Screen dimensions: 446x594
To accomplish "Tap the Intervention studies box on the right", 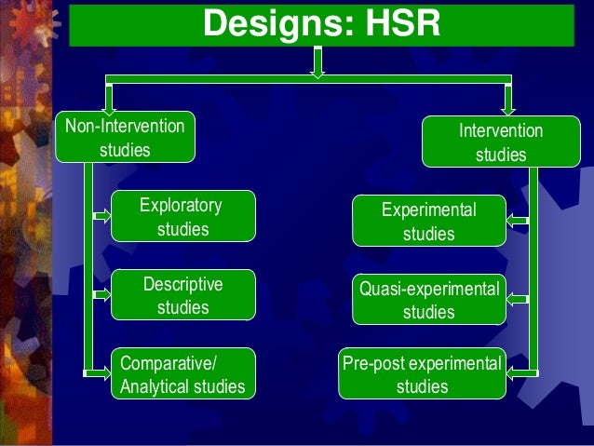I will tap(500, 142).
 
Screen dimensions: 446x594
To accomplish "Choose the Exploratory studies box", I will tap(182, 217).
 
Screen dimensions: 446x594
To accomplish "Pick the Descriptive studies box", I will tap(182, 295).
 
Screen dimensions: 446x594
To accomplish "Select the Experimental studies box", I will tap(428, 222).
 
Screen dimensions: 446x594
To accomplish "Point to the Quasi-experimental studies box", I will tap(428, 300).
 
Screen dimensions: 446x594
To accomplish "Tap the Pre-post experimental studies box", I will tap(423, 374).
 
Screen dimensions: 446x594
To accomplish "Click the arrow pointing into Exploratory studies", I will tap(101, 217).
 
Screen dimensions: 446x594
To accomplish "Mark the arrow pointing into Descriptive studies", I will tap(101, 296).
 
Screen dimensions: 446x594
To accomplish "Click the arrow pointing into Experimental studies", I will tap(517, 222).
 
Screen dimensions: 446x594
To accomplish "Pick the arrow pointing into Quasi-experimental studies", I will tap(517, 300).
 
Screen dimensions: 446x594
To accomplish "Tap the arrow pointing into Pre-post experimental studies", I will tap(517, 373).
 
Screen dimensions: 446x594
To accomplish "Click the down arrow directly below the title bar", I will tap(317, 62).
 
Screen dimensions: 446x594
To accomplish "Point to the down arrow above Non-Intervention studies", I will tap(109, 98).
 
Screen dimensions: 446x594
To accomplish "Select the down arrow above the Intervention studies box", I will tap(508, 100).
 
